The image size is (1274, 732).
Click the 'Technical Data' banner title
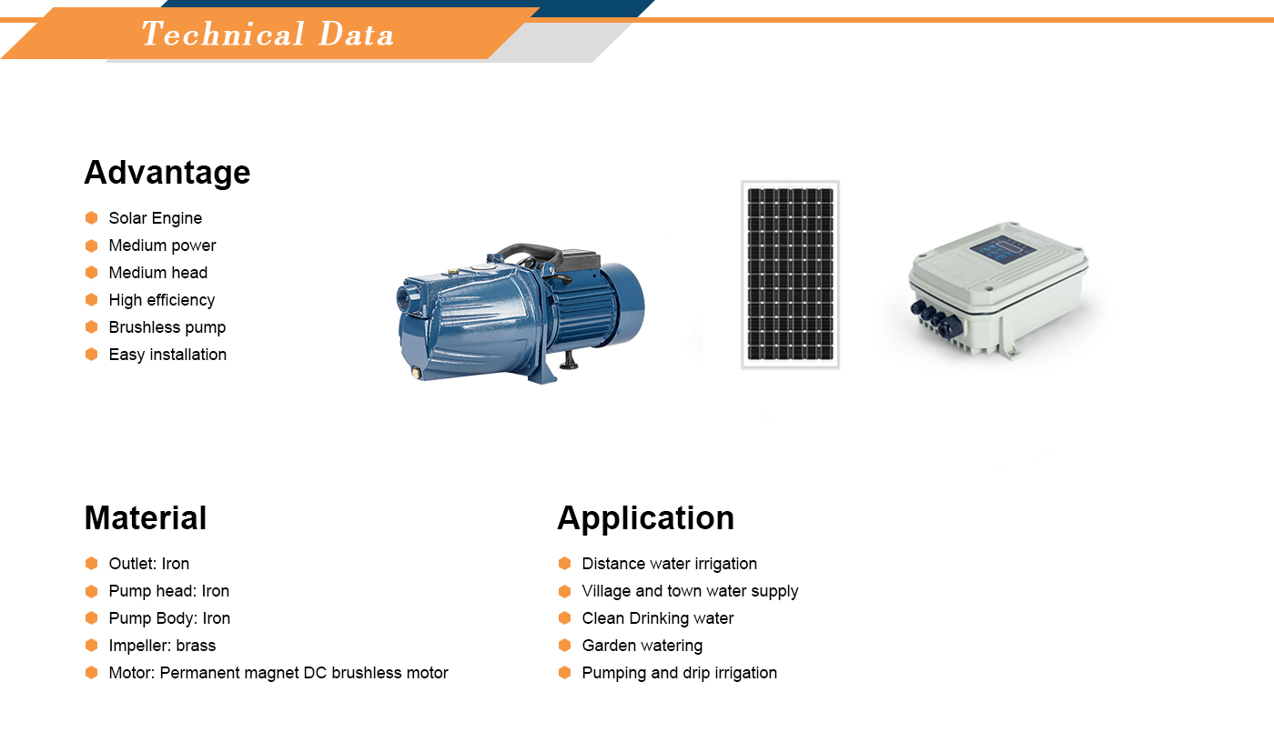[268, 34]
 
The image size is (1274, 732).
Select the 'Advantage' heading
[167, 172]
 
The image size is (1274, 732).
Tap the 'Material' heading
[146, 517]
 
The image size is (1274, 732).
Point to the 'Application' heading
[645, 518]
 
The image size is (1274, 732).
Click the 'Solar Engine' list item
[156, 218]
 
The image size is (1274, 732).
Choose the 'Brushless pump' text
[167, 327]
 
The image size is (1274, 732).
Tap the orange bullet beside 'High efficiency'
[92, 299]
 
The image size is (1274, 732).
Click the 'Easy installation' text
[167, 355]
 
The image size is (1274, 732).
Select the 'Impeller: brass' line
[163, 646]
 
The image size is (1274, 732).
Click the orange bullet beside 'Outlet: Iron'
[92, 563]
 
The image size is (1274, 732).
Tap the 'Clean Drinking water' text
[657, 618]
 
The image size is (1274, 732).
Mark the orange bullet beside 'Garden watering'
[565, 645]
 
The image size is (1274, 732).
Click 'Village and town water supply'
[690, 591]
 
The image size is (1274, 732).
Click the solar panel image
[790, 275]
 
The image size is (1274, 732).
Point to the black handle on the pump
[529, 254]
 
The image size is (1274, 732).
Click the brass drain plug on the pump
[416, 373]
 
